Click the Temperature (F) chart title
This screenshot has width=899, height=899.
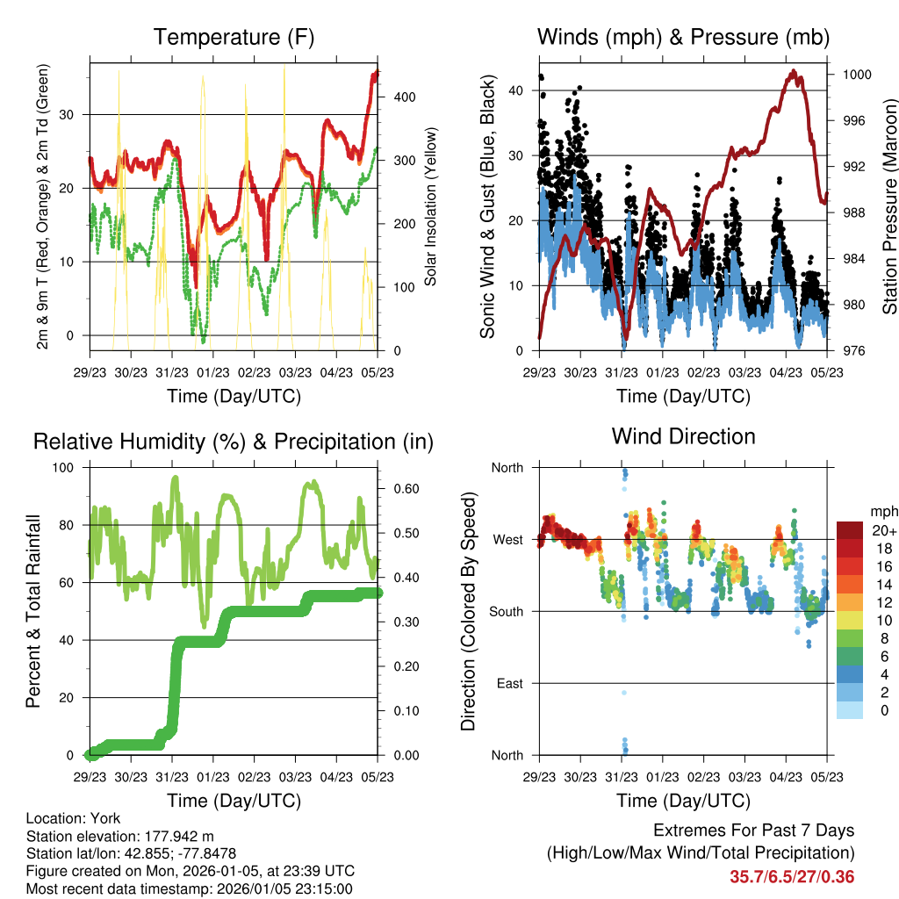tap(234, 37)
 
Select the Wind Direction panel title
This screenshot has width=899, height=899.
tap(683, 435)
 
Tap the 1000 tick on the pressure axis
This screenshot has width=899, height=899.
tap(856, 76)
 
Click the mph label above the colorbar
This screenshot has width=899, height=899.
tap(883, 511)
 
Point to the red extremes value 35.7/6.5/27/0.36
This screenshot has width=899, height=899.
tap(792, 877)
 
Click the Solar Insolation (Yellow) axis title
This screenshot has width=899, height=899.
tap(431, 207)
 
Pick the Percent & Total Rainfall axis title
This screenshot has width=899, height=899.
tap(33, 611)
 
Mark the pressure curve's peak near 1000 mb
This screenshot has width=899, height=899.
tap(793, 71)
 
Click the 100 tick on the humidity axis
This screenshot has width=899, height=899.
tap(67, 467)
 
